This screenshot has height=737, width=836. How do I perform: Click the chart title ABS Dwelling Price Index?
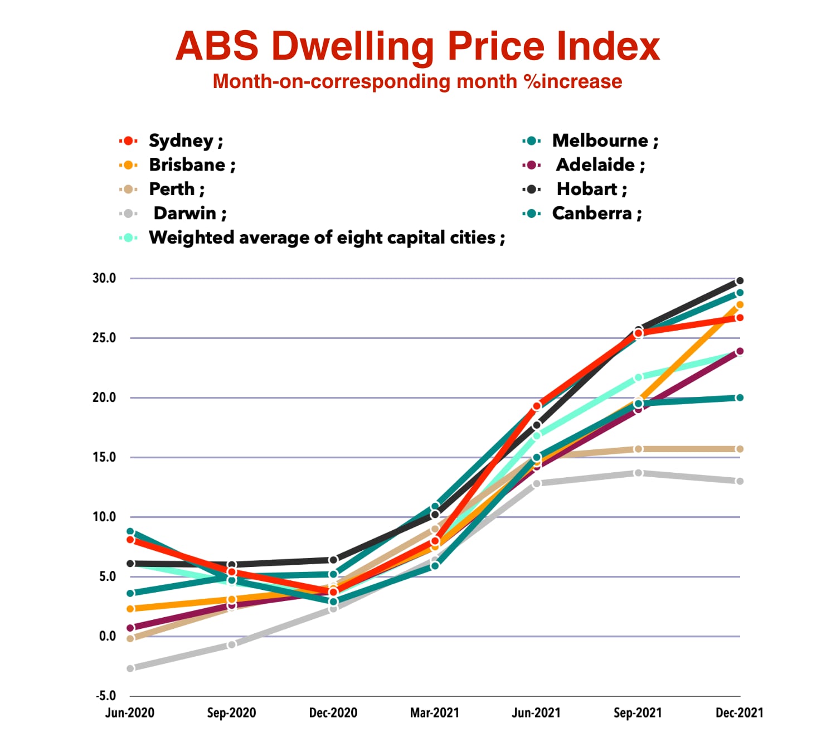[x=417, y=46]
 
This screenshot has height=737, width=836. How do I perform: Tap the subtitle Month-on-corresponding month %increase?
[x=417, y=81]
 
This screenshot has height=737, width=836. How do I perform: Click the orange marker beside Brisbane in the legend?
[x=128, y=165]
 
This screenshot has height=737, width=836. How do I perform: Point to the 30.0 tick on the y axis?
[x=104, y=278]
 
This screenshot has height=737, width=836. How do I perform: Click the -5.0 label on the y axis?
[x=105, y=696]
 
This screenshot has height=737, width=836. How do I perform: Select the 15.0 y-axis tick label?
[x=104, y=457]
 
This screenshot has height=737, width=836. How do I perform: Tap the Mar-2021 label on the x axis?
[x=435, y=712]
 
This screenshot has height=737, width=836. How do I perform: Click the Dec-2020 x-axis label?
[x=333, y=712]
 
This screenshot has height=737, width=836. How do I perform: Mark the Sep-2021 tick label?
[x=638, y=712]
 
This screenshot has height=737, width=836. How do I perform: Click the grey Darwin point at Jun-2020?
[x=130, y=668]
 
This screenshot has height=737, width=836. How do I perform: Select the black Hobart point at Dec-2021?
[x=740, y=281]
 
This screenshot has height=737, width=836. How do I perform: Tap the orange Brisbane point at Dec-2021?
[x=740, y=305]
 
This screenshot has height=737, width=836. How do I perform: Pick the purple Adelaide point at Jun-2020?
[x=130, y=628]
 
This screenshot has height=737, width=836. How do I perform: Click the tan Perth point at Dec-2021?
[x=740, y=449]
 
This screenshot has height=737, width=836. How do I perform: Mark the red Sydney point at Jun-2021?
[x=537, y=406]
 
